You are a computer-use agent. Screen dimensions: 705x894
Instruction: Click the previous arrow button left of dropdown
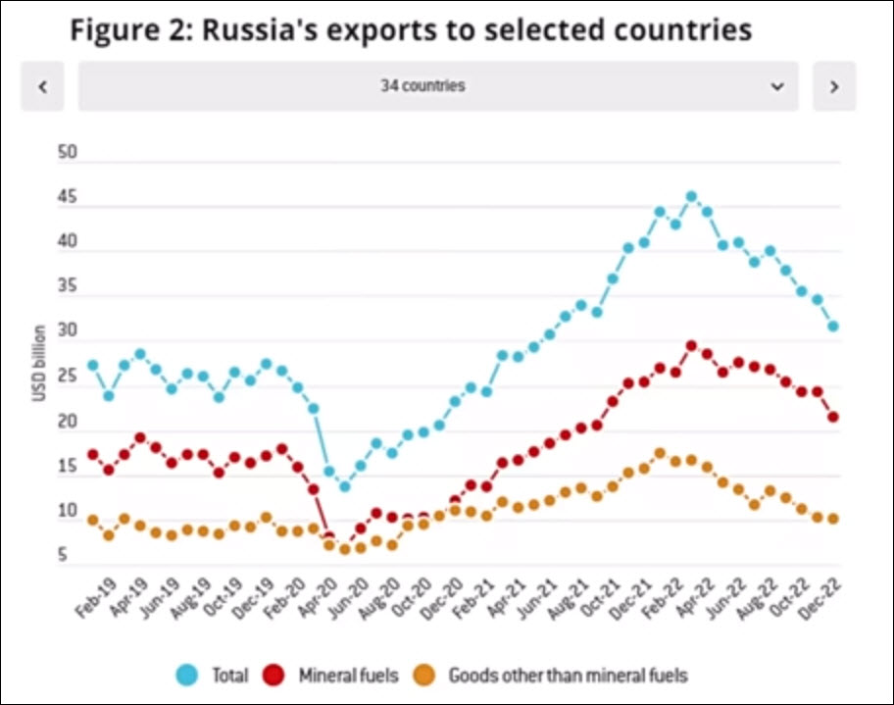(x=42, y=86)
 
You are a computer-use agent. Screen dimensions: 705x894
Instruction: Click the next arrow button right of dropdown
(x=834, y=86)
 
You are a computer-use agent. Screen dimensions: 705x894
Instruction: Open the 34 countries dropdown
(x=438, y=86)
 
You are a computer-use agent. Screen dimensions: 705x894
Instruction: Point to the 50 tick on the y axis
(x=68, y=154)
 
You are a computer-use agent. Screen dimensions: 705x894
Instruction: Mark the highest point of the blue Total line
(x=691, y=197)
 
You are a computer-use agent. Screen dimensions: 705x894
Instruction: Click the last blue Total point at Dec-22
(x=833, y=327)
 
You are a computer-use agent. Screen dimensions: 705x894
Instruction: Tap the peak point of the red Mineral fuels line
(x=691, y=346)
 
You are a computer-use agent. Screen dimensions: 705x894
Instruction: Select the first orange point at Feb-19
(x=93, y=520)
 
